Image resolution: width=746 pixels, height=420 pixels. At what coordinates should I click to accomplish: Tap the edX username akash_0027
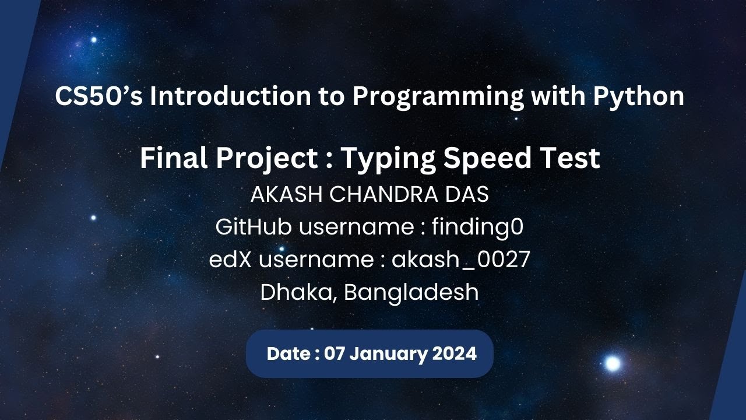click(460, 260)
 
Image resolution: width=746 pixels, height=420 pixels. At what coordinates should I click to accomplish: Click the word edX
click(230, 260)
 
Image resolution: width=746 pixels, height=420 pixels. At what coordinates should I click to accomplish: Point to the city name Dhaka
click(298, 292)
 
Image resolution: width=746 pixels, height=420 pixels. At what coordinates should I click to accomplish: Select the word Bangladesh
click(411, 292)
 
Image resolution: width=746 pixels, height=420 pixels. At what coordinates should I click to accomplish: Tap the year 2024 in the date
click(455, 353)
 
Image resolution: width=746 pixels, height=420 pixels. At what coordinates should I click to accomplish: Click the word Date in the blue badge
click(288, 353)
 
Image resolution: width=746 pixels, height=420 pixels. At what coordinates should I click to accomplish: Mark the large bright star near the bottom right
click(612, 364)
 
